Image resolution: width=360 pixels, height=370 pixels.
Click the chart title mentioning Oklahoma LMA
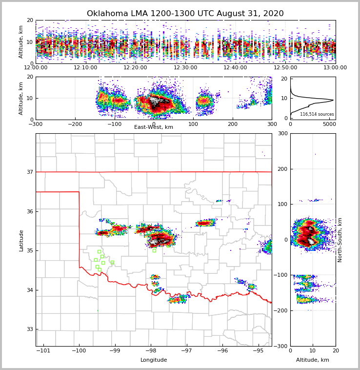coord(185,14)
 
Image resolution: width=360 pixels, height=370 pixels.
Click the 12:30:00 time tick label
coord(185,68)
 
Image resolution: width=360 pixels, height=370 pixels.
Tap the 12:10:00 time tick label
coord(85,68)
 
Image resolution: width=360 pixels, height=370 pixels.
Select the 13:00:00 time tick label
coord(335,68)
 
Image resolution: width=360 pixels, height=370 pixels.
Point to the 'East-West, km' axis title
coord(154,127)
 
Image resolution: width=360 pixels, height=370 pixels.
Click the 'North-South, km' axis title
coord(340,240)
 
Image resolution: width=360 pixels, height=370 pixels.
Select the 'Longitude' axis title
coord(154,360)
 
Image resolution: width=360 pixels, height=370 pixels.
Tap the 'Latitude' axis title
coord(21,240)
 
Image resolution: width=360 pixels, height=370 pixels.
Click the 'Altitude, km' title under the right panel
coord(313,360)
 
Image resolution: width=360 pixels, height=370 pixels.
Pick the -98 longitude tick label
coord(151,350)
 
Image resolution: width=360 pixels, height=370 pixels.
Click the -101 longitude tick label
coord(43,350)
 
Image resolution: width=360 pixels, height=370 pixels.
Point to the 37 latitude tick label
coord(29,172)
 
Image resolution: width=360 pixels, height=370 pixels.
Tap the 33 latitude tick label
coord(29,329)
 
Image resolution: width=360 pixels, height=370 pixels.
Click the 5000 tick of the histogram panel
coord(329,124)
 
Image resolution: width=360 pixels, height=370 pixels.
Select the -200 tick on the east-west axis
coord(75,124)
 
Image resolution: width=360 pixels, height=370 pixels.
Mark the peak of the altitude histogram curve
coord(333,100)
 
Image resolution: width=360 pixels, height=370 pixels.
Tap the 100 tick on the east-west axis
coord(193,124)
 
